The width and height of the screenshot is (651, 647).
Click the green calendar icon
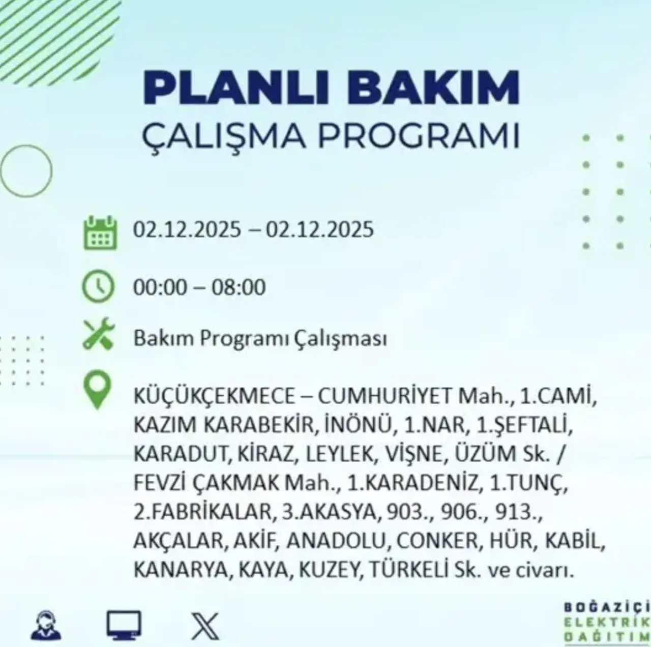click(x=100, y=232)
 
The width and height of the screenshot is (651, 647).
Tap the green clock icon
click(x=99, y=287)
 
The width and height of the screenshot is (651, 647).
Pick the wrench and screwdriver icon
click(x=99, y=334)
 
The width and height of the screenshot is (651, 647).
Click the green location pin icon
click(x=97, y=390)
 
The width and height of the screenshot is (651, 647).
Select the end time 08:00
click(x=239, y=287)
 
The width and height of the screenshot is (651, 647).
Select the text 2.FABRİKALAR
click(x=202, y=512)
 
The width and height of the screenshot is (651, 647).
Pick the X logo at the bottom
click(x=205, y=626)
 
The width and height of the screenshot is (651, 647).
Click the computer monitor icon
click(x=124, y=626)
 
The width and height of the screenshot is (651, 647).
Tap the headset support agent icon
click(x=46, y=626)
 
